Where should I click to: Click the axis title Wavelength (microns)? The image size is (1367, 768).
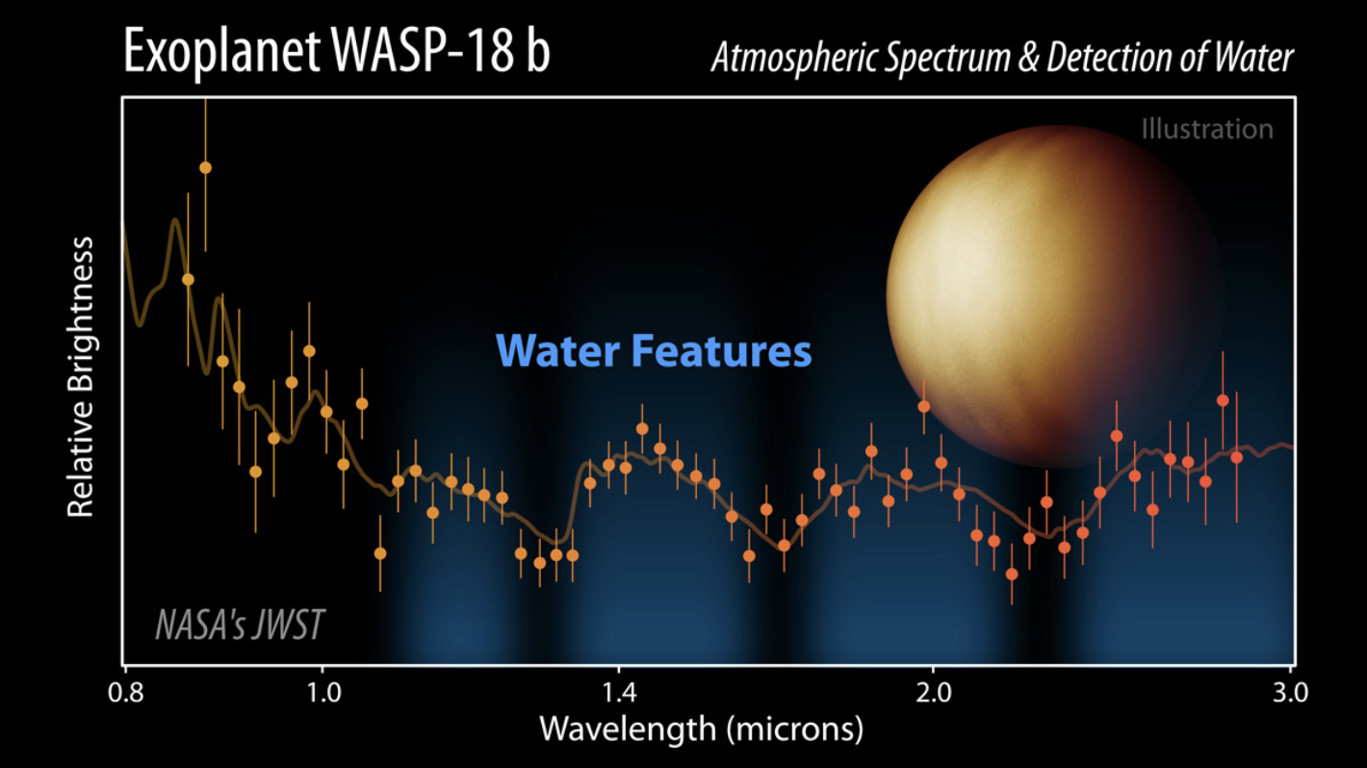tap(701, 729)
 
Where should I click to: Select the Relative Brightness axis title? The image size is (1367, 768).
tap(81, 376)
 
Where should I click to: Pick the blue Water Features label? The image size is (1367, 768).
tap(654, 351)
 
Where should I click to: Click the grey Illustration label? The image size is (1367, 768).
tap(1207, 129)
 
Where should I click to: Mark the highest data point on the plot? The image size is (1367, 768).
tap(205, 167)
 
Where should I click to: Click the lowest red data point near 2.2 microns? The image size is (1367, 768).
tap(1012, 574)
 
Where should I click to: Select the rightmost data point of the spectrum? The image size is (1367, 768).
tap(1236, 457)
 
